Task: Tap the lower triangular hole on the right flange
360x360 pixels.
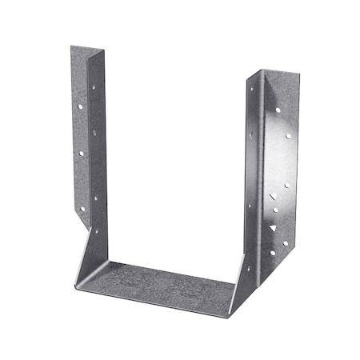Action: [x=272, y=228]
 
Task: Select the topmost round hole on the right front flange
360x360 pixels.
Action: [x=278, y=110]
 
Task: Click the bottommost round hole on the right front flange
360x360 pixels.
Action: [x=272, y=253]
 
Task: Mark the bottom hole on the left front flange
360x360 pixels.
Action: [x=82, y=207]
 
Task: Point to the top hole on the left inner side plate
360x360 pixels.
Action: [x=95, y=82]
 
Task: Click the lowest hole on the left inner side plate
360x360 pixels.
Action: [x=97, y=231]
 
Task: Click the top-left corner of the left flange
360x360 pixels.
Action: [x=70, y=46]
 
